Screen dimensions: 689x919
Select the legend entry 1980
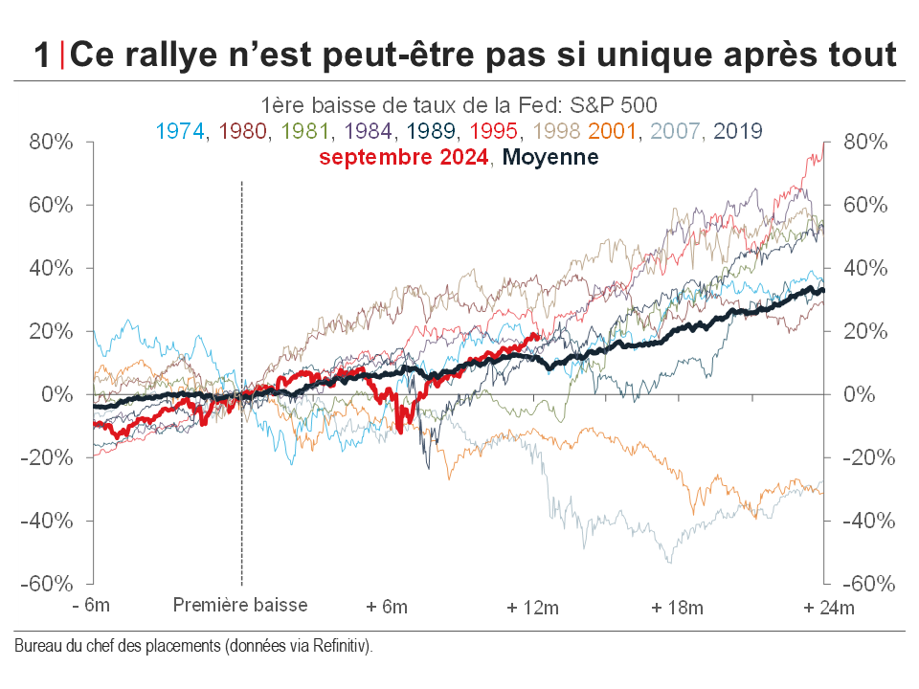(x=243, y=130)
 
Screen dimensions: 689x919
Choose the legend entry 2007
(x=673, y=130)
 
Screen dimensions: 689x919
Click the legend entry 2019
(x=738, y=130)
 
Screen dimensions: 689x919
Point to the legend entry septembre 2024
(x=403, y=157)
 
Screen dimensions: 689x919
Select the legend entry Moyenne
(x=550, y=157)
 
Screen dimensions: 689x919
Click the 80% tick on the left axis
(x=52, y=142)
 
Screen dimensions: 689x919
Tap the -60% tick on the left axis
(x=48, y=584)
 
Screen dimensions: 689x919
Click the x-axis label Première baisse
(x=240, y=606)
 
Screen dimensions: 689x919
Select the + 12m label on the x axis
(x=531, y=608)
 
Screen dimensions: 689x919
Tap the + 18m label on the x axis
(x=677, y=608)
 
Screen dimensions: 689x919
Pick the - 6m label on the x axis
(x=91, y=608)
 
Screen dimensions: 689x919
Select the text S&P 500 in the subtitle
(x=622, y=103)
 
